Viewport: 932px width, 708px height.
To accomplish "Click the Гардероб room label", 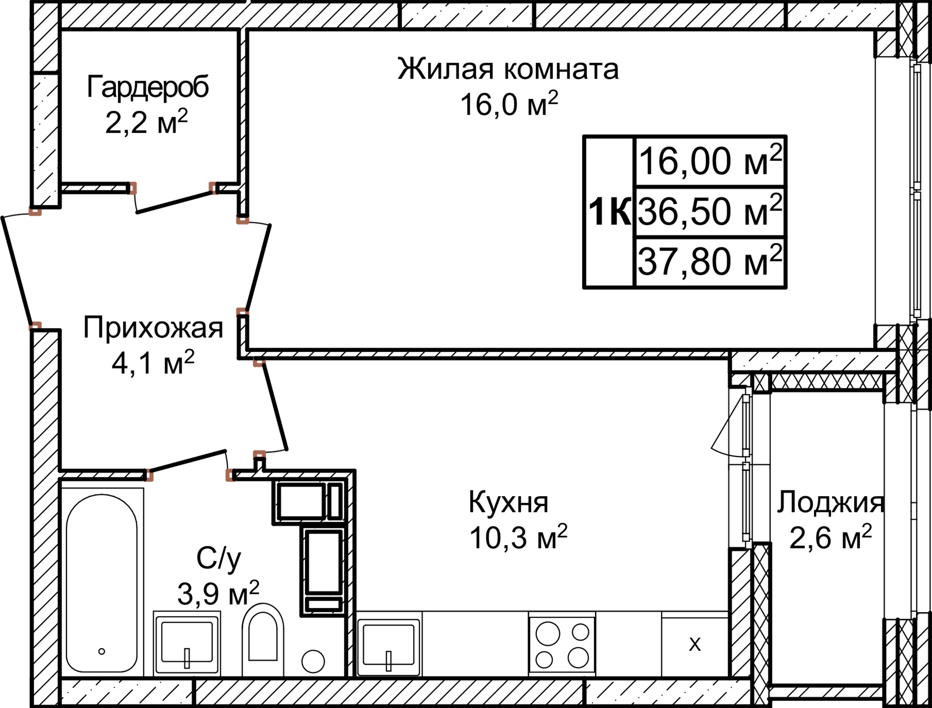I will (x=148, y=87).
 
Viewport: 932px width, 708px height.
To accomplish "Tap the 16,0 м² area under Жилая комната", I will (x=509, y=104).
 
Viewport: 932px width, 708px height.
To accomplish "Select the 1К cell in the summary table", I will (x=609, y=212).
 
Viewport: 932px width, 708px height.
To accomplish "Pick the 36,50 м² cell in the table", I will (x=709, y=211).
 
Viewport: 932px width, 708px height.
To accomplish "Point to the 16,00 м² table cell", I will (x=709, y=161).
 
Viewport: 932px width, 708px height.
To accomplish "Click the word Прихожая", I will (x=153, y=328).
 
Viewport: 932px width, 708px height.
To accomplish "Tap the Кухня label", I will (x=508, y=502).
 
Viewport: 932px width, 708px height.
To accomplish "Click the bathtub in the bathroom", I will (x=102, y=583).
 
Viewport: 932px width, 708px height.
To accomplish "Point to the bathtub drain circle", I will (x=102, y=651).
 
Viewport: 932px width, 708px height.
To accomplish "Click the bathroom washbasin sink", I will (x=187, y=642).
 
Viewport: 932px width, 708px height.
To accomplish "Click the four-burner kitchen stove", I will (x=562, y=645).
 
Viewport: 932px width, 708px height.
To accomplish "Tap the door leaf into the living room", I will (x=258, y=265).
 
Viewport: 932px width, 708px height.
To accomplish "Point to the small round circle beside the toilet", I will (x=313, y=661).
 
